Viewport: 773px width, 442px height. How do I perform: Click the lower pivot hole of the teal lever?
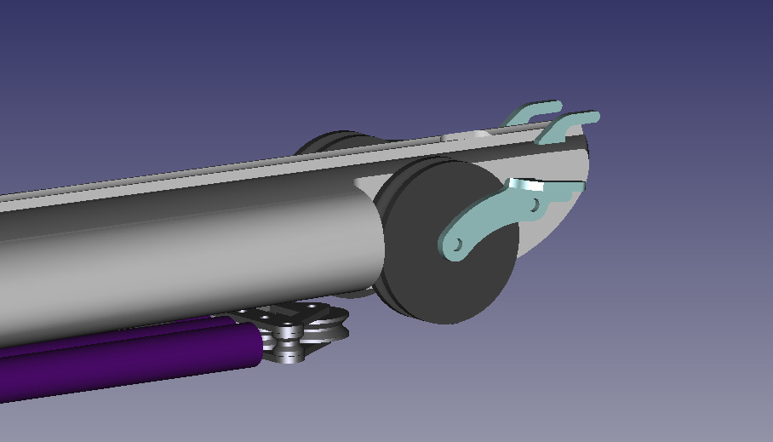pos(457,245)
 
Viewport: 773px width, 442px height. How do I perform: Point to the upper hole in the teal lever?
pos(535,205)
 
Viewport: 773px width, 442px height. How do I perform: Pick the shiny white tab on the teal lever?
pos(526,184)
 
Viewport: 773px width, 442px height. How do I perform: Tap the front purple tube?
pos(128,358)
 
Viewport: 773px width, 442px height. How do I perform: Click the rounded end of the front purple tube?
pos(255,346)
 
